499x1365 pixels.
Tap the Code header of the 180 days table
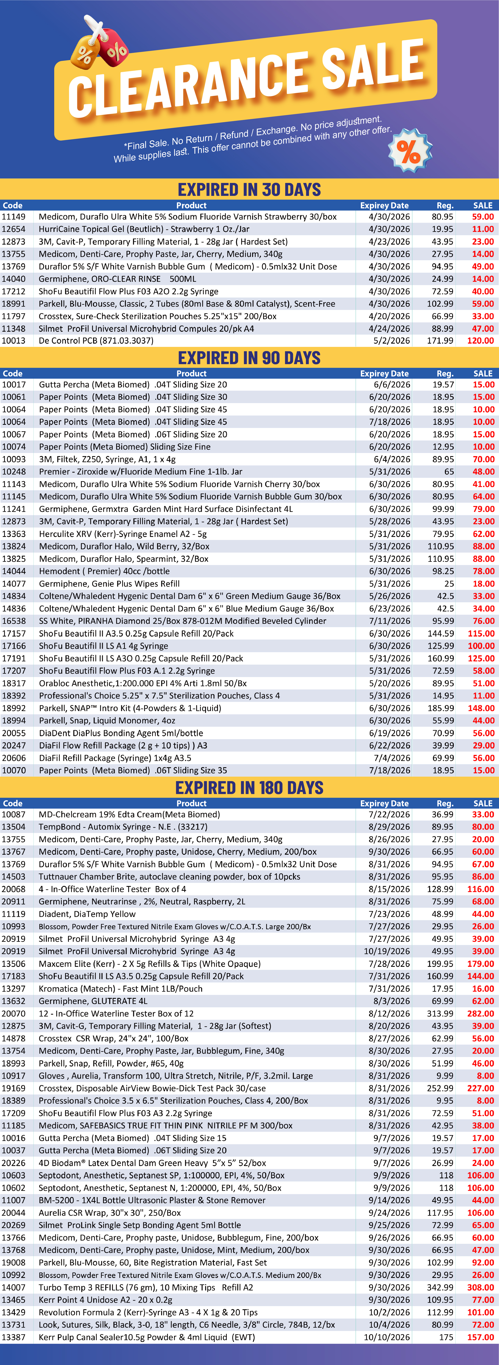13,803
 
